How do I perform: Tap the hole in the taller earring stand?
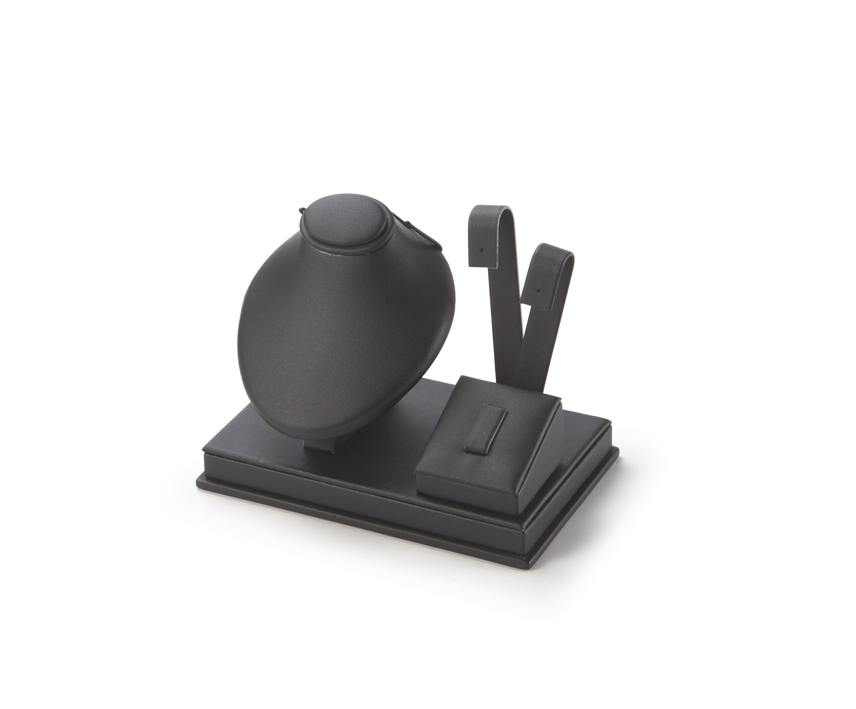point(482,248)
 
